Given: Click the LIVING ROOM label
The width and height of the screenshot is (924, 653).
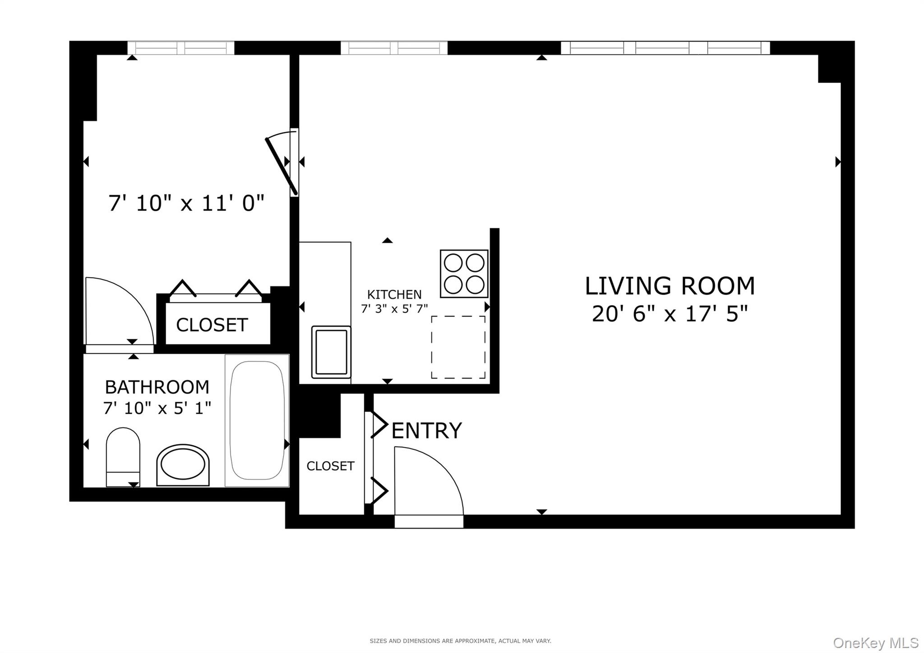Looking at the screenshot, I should [670, 286].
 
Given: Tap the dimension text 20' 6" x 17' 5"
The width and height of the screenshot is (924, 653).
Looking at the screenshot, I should [670, 314].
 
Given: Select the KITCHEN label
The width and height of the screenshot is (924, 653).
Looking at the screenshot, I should [394, 295].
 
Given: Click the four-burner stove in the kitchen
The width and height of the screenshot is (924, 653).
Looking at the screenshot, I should [464, 273].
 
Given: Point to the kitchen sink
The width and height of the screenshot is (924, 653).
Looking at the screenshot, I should [331, 352].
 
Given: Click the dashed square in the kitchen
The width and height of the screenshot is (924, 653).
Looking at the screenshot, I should [458, 347].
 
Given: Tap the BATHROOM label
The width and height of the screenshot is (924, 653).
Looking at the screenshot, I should [157, 387].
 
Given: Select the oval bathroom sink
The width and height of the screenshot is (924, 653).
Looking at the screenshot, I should [183, 465].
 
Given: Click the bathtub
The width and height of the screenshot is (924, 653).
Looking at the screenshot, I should [257, 420].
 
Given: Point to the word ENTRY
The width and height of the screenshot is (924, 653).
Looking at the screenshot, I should [426, 431].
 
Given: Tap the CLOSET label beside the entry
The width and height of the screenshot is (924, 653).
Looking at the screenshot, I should [330, 466].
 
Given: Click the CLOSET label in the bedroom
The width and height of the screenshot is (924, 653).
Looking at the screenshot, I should [212, 325].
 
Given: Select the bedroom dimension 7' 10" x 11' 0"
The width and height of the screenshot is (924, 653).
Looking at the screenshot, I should [186, 204].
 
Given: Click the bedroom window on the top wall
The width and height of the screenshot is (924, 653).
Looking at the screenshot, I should [180, 48].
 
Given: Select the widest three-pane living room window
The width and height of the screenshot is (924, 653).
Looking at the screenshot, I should [665, 48].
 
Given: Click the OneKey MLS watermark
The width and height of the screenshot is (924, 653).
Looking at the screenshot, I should [875, 642].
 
